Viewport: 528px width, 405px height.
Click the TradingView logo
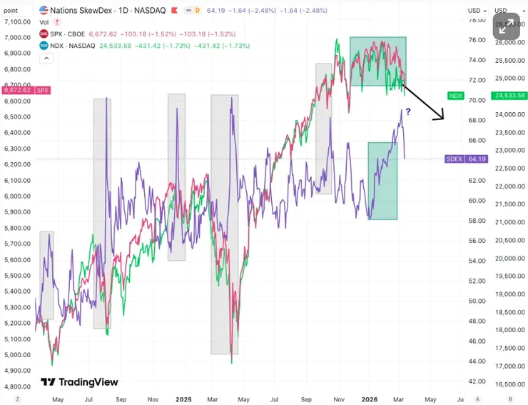(x=79, y=382)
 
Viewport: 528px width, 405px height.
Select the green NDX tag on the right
(x=456, y=95)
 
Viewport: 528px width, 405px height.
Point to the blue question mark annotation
(x=408, y=111)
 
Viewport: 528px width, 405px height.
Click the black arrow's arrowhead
(x=442, y=117)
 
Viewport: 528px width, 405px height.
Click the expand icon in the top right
(x=507, y=27)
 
